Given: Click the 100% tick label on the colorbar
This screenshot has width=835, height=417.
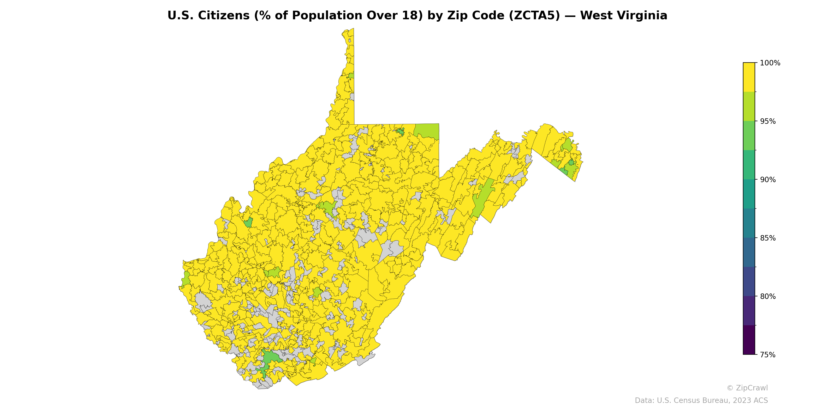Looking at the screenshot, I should click(770, 63).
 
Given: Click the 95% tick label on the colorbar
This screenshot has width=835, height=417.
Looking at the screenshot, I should click(768, 121).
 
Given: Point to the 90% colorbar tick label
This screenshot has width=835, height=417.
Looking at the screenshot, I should click(768, 180).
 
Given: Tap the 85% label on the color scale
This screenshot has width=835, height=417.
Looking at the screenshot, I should click(768, 238).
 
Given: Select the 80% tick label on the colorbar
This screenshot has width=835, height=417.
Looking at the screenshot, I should click(768, 296).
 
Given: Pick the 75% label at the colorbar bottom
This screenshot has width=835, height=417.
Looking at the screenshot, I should click(768, 355).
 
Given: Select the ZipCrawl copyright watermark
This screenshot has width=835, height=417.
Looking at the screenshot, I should click(747, 388).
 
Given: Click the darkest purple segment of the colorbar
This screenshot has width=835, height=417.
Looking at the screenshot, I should click(749, 340).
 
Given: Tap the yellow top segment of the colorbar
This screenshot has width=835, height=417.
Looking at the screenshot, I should click(749, 77).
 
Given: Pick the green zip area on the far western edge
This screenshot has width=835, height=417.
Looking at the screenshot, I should click(186, 279).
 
